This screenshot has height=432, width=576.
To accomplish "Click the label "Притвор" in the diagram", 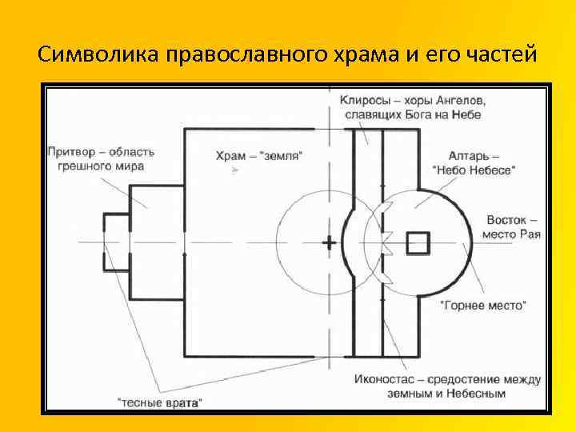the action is pyautogui.click(x=72, y=151).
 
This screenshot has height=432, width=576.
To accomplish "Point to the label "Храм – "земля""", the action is pyautogui.click(x=259, y=156).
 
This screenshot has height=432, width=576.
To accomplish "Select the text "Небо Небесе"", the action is pyautogui.click(x=474, y=170).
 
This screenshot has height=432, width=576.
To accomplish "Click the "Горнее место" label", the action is pyautogui.click(x=483, y=305).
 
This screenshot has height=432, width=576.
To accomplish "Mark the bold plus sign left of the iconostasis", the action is pyautogui.click(x=329, y=242).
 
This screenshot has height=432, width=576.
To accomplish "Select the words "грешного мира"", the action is pyautogui.click(x=101, y=166).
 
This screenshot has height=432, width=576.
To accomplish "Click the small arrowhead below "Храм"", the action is pyautogui.click(x=234, y=170).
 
